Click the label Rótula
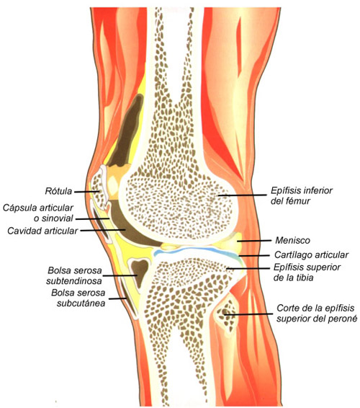coord(58,191)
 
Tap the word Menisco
coord(292,240)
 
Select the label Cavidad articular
coord(42,231)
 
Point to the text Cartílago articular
coord(311,254)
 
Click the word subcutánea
coord(81,303)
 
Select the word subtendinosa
coord(74,281)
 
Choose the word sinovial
coord(58,218)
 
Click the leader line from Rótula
coord(87,192)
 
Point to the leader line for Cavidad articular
coord(103,230)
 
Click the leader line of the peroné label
coord(248,314)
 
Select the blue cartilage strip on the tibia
coord(197,250)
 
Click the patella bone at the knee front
coord(99,185)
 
